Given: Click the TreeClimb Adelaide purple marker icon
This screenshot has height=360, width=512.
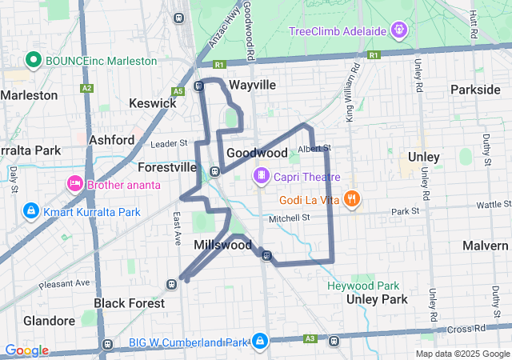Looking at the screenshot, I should (399, 31).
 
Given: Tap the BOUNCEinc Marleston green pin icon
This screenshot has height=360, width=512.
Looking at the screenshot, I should (33, 59).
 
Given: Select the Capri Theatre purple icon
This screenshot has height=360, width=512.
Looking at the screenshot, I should (261, 176).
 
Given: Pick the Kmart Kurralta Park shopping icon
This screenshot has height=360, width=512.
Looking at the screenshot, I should (30, 211).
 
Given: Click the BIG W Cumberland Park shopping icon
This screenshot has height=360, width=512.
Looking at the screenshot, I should (260, 342).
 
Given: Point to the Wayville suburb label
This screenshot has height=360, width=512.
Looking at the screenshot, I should (252, 85).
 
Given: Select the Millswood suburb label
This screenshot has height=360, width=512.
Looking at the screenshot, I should (223, 245).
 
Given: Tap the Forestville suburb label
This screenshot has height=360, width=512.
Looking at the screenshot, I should (167, 168).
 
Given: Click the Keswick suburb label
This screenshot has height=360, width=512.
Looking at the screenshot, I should (152, 103).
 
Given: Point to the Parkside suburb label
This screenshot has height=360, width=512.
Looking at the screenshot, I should (475, 89).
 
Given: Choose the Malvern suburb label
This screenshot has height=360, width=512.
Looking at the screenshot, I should (485, 245).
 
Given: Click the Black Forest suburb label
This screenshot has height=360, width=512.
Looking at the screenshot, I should (130, 303).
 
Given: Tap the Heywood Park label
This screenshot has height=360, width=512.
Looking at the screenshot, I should (363, 286).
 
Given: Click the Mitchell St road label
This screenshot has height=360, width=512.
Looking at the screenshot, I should (289, 218).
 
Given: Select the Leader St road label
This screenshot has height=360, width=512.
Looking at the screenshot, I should (169, 143).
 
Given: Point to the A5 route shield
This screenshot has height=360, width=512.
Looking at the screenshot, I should (178, 91).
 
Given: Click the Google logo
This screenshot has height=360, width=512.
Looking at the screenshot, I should (26, 350).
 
